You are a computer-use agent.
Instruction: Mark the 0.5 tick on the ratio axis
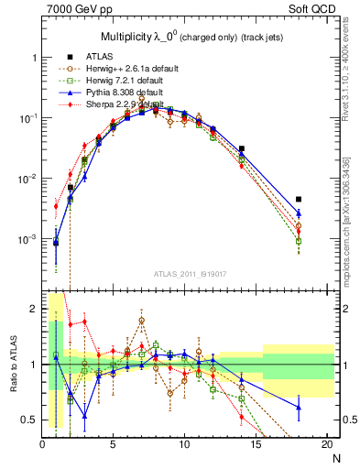pos(31,420)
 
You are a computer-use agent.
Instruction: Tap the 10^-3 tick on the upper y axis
pos(27,238)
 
